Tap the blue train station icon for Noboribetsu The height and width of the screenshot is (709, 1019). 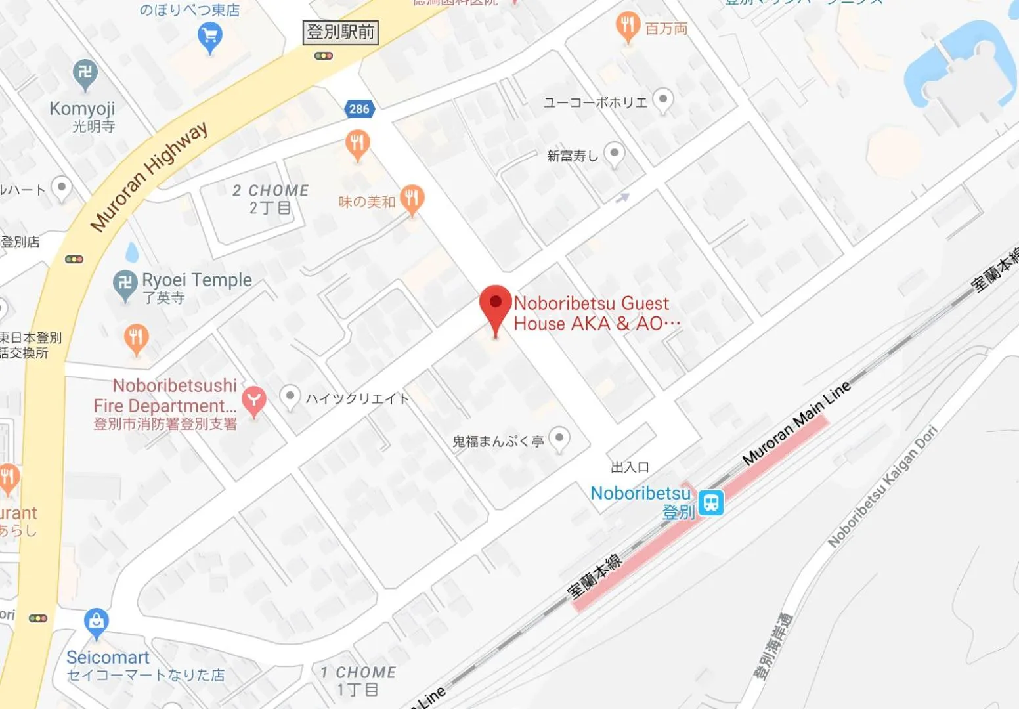[710, 503]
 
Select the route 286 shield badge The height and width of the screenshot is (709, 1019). [359, 109]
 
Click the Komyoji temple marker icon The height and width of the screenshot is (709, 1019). [85, 73]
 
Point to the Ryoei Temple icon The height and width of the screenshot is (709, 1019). [125, 284]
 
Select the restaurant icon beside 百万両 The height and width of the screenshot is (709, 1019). [628, 26]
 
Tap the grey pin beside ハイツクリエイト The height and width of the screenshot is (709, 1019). [290, 396]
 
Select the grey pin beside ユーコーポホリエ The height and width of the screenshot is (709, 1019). [663, 100]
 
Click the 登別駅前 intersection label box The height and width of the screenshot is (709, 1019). [341, 32]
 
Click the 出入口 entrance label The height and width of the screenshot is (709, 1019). [630, 467]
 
